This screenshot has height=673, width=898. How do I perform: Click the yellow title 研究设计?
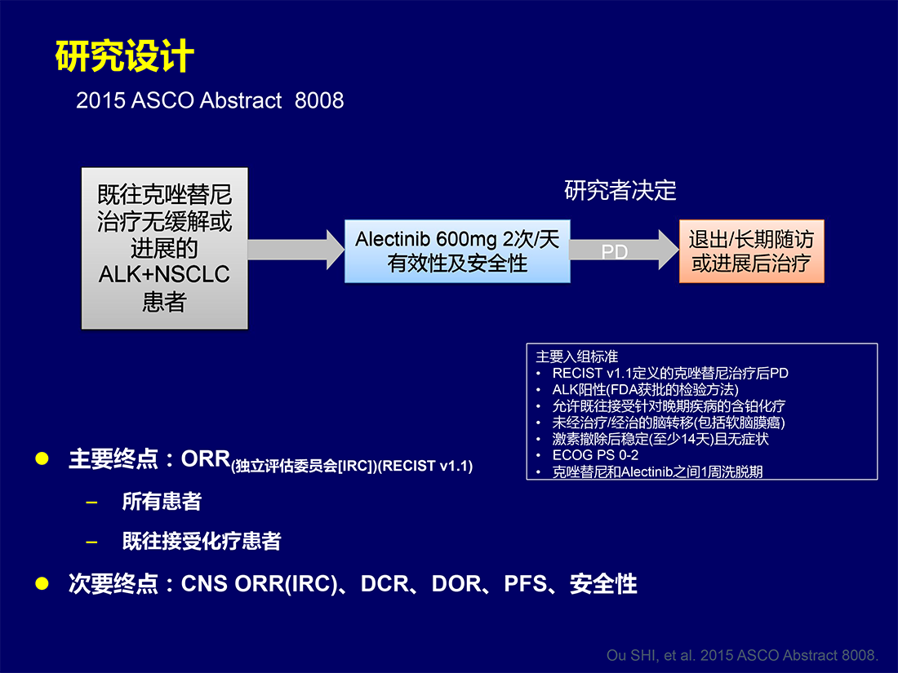coord(125,56)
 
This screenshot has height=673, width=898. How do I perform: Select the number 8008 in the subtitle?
coord(319,100)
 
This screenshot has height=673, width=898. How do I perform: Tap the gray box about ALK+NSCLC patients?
coord(165,248)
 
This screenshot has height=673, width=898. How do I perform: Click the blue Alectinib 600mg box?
coord(457,251)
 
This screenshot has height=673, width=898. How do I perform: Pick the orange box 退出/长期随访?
coord(751,251)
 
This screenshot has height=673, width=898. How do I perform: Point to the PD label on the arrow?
coord(615,252)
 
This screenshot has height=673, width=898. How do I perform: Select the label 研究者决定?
coord(620,191)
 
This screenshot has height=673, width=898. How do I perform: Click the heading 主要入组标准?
coord(576,356)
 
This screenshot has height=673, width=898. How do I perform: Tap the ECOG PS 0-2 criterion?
coord(595,455)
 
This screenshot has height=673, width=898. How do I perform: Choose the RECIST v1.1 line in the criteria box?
coord(670,373)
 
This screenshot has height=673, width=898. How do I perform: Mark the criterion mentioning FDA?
coord(646,390)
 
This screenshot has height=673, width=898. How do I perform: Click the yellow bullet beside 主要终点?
coord(42,458)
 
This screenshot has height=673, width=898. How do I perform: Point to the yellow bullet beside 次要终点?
coord(42,583)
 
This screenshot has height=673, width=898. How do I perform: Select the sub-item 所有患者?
coord(162,502)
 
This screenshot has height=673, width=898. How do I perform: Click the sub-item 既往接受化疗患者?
coord(202,541)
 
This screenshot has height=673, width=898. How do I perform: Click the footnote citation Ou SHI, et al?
coord(742,655)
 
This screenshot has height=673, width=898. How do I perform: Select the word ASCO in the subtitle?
coord(162,100)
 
